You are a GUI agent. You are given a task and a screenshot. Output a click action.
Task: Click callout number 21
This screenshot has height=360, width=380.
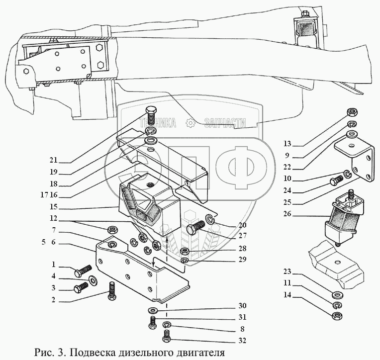pos(54,160)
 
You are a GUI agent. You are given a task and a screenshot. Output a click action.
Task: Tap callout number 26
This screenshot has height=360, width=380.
pos(287,214)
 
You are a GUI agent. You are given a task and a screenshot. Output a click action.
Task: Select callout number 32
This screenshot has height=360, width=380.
pos(242,341)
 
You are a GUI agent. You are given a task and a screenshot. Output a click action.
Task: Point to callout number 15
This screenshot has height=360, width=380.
pos(54,207)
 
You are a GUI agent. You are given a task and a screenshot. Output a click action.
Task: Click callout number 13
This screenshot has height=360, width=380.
pos(287,144)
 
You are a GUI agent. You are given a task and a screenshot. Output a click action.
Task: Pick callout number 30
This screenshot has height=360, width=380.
pos(242,305)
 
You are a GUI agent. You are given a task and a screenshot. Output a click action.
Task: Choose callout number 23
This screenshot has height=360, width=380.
pos(287,271)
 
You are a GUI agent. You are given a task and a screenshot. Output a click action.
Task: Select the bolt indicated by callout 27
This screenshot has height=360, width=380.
pos(195,226)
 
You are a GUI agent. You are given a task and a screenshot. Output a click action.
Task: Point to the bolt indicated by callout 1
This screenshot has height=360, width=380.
pos(83,271)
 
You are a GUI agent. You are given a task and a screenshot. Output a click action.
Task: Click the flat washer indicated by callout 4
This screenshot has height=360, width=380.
pos(93,280)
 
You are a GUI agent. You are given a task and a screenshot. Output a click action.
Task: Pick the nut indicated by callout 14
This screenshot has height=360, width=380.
pos(337,316)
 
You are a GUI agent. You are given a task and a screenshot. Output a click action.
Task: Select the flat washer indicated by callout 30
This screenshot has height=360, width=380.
pos(152,310)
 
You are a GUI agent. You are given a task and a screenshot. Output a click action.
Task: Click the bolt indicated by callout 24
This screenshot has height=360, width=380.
pos(336,180)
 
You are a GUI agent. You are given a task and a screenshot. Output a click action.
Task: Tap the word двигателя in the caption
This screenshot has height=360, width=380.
pos(202,353)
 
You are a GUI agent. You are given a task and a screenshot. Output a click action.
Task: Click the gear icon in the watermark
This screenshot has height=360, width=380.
pos(190,123)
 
